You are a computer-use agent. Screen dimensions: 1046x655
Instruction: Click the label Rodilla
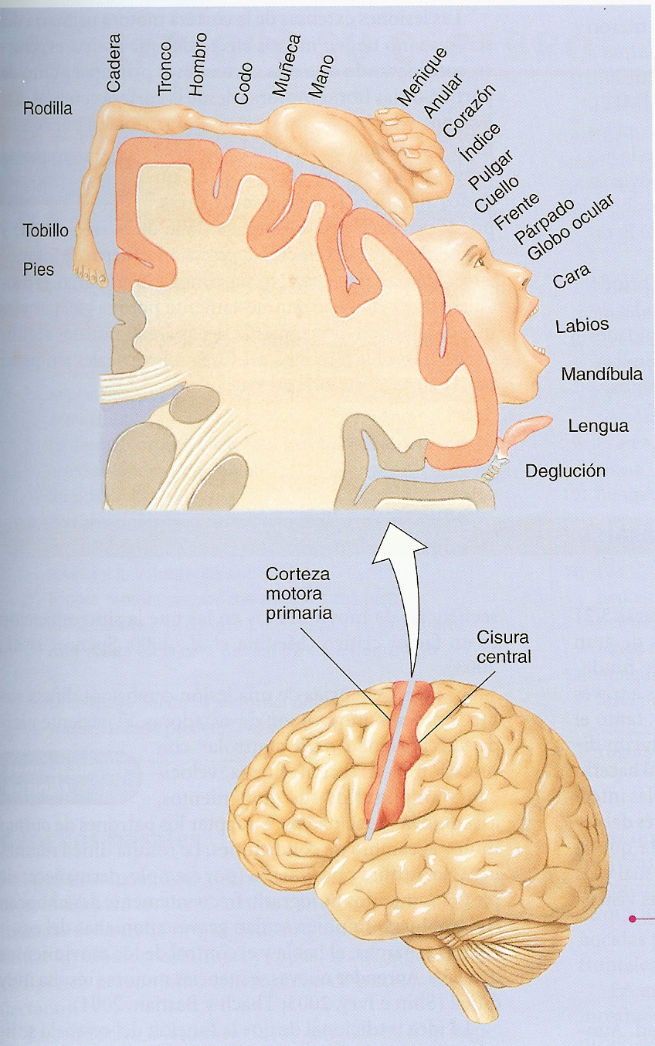pos(47,109)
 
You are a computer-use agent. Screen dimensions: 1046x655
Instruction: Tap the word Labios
pos(582,325)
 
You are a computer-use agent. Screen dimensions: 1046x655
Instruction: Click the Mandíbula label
pos(602,375)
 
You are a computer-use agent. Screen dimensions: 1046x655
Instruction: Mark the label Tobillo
pos(46,230)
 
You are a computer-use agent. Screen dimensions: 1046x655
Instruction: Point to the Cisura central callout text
pos(503,648)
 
